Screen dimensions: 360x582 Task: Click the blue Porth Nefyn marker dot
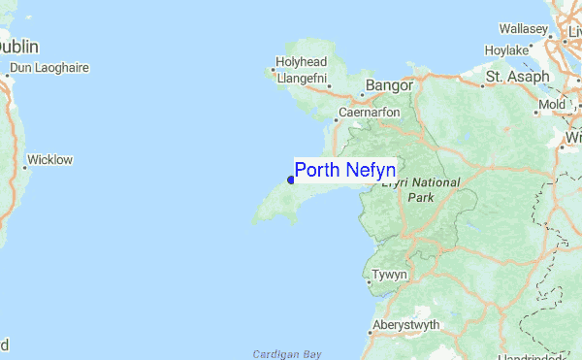pyautogui.click(x=291, y=180)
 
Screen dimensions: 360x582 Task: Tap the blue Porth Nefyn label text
pyautogui.click(x=344, y=171)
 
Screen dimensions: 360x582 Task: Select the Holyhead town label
pyautogui.click(x=301, y=62)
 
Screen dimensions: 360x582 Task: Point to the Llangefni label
pyautogui.click(x=304, y=78)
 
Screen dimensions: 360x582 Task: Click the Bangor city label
pyautogui.click(x=389, y=86)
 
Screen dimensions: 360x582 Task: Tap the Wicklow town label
pyautogui.click(x=50, y=159)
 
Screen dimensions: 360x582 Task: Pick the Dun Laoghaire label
pyautogui.click(x=48, y=68)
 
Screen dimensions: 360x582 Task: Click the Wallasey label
pyautogui.click(x=524, y=30)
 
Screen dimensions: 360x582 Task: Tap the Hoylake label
pyautogui.click(x=506, y=49)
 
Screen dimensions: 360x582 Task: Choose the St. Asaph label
pyautogui.click(x=518, y=76)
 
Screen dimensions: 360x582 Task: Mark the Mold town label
pyautogui.click(x=552, y=104)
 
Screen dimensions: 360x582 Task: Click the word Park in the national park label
pyautogui.click(x=421, y=197)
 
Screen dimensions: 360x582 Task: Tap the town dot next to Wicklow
pyautogui.click(x=24, y=167)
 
